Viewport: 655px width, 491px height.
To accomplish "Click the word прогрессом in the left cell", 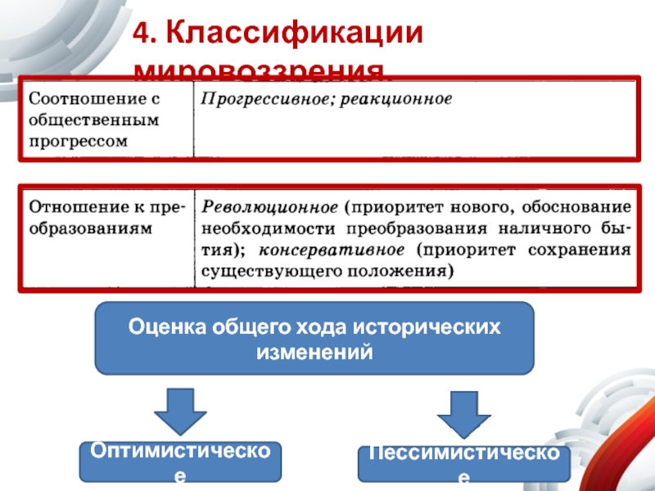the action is click(79, 140).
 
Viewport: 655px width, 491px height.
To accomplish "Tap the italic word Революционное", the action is click(269, 206).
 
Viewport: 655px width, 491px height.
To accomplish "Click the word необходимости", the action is click(268, 227).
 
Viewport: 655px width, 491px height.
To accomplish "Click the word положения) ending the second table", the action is click(397, 269).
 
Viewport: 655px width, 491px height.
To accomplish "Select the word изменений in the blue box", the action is click(314, 353).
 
